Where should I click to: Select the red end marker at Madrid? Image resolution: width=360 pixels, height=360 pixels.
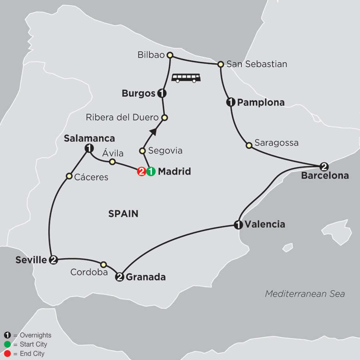coord(141,172)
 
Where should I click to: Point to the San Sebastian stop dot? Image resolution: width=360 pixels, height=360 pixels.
coord(220,64)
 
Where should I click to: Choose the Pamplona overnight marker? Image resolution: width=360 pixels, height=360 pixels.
coord(230,103)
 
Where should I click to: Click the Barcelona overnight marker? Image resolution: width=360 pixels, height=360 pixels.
coord(324,166)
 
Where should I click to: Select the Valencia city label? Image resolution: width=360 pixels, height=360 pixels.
coord(265,224)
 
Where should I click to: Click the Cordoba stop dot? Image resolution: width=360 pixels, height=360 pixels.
coord(104,264)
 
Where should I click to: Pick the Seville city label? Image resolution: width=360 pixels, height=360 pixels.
coord(31,260)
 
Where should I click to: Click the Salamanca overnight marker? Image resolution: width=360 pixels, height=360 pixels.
coord(88,149)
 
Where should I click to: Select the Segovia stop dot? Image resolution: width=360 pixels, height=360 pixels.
coord(142,151)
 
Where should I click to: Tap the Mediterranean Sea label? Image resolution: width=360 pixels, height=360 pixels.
coord(305,294)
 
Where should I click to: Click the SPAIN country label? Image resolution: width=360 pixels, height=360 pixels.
coord(123,214)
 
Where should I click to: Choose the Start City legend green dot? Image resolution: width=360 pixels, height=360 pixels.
coord(7,344)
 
